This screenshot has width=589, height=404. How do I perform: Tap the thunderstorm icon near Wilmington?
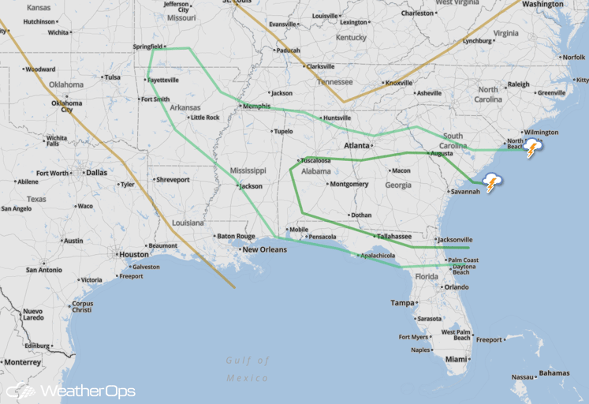coord(533,148)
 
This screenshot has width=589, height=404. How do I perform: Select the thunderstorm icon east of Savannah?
coord(493,183)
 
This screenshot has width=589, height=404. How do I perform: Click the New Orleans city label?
coord(264,249)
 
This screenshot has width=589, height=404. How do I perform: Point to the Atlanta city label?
coord(356,145)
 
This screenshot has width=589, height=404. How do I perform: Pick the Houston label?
coord(134,254)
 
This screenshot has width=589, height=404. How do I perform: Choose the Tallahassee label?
coord(393,236)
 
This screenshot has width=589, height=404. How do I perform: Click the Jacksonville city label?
coord(456,239)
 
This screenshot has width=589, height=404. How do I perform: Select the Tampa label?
coord(402,303)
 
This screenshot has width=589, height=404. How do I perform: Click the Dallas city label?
coord(96,172)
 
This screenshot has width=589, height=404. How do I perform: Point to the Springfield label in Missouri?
coord(147,47)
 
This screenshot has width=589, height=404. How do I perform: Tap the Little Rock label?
coord(204,118)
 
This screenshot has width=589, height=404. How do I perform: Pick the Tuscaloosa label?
coord(319,160)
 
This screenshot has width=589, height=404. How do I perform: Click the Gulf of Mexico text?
coord(247,368)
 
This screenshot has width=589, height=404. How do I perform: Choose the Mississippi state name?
coord(248,170)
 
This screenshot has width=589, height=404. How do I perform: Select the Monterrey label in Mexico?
coord(22,362)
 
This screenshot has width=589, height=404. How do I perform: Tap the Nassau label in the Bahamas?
coord(522,377)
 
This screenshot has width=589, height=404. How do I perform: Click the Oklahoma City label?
coord(66,106)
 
